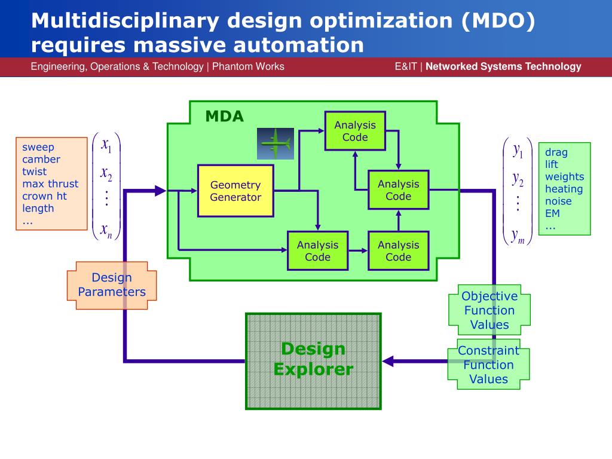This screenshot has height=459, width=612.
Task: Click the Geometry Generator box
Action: click(x=235, y=191)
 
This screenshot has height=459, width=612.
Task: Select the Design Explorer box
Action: click(x=313, y=361)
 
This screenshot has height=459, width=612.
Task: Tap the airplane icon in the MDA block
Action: click(x=276, y=143)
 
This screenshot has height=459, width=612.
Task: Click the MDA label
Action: click(x=225, y=117)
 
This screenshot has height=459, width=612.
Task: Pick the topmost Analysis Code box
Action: click(x=355, y=131)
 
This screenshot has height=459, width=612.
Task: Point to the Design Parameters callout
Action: click(x=112, y=285)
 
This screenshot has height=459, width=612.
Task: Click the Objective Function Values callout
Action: click(x=489, y=310)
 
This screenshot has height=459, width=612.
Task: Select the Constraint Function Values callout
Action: click(x=489, y=365)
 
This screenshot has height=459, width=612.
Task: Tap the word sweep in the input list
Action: click(x=38, y=147)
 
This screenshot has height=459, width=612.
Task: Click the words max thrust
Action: click(x=50, y=183)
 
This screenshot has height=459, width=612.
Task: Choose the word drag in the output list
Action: click(x=556, y=152)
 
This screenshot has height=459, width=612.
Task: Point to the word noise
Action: click(x=558, y=201)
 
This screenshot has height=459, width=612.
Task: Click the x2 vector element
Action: click(x=106, y=174)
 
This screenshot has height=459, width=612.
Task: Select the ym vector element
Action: click(x=518, y=237)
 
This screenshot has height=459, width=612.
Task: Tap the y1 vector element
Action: click(x=518, y=150)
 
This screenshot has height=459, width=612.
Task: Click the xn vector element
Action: click(x=106, y=229)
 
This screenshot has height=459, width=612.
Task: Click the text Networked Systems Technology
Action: click(x=503, y=66)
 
